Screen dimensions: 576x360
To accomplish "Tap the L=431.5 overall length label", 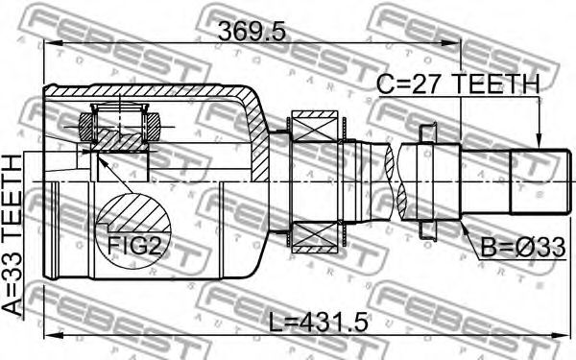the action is pos(318,323).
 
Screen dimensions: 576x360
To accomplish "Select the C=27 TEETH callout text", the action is pos(459,84).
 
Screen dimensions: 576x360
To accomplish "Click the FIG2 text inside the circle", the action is pos(134,246).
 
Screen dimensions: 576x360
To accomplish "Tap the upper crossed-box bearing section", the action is pos(315,126).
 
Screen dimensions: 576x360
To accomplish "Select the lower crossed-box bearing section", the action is pos(315,238).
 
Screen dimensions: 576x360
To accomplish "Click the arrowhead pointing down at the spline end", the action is pos(539,141).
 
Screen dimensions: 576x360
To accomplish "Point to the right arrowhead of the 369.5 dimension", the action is pos(451,43).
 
